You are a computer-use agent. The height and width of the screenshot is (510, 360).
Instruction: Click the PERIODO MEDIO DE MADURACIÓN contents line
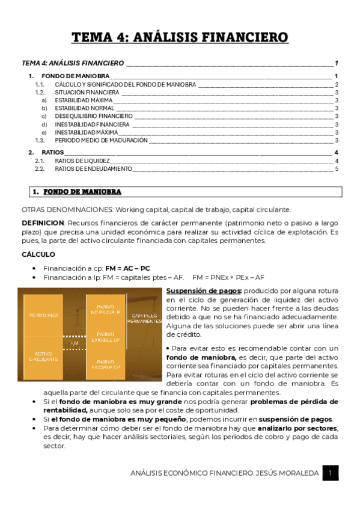101,140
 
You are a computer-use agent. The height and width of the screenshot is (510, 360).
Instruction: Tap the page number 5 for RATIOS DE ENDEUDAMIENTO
337,169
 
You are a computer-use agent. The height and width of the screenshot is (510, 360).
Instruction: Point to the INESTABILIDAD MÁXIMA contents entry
86,132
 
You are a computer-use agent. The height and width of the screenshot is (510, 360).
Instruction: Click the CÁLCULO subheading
38,254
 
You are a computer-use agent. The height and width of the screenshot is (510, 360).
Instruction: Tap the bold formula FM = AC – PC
127,268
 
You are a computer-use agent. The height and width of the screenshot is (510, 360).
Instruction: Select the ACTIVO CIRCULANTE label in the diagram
42,356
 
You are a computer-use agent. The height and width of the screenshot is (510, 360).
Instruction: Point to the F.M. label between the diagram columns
74,343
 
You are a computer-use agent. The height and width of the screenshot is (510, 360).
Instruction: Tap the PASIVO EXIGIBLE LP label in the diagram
106,337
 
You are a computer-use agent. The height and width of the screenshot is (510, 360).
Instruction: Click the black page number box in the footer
330,473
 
